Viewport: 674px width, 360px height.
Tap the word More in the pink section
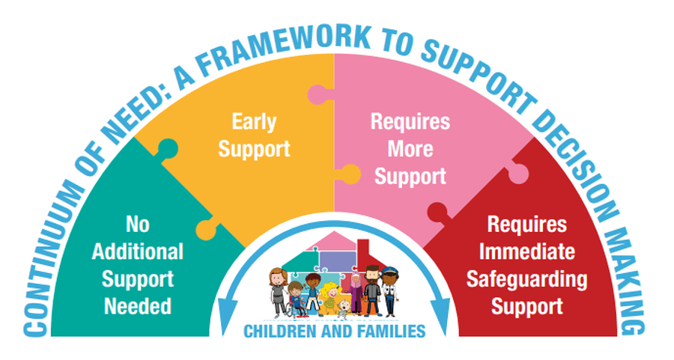[410, 149]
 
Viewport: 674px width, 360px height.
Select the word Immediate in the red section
[527, 251]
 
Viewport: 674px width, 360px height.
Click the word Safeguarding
[527, 280]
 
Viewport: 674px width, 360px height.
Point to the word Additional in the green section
[138, 251]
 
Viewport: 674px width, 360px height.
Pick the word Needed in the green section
[138, 306]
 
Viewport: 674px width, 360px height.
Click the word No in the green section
[138, 225]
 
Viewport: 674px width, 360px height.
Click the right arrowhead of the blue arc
[440, 316]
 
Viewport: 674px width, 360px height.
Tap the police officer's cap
[390, 271]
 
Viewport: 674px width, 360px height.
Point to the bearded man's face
[372, 275]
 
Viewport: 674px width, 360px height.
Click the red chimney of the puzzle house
[363, 249]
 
